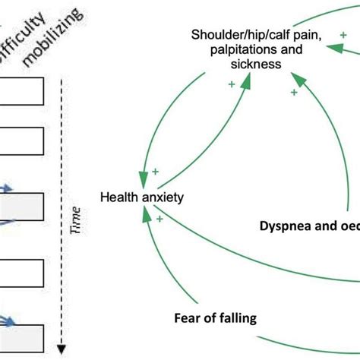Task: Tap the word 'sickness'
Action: pos(255,65)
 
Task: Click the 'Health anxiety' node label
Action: pos(142,198)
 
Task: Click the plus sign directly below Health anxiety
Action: pos(160,219)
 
